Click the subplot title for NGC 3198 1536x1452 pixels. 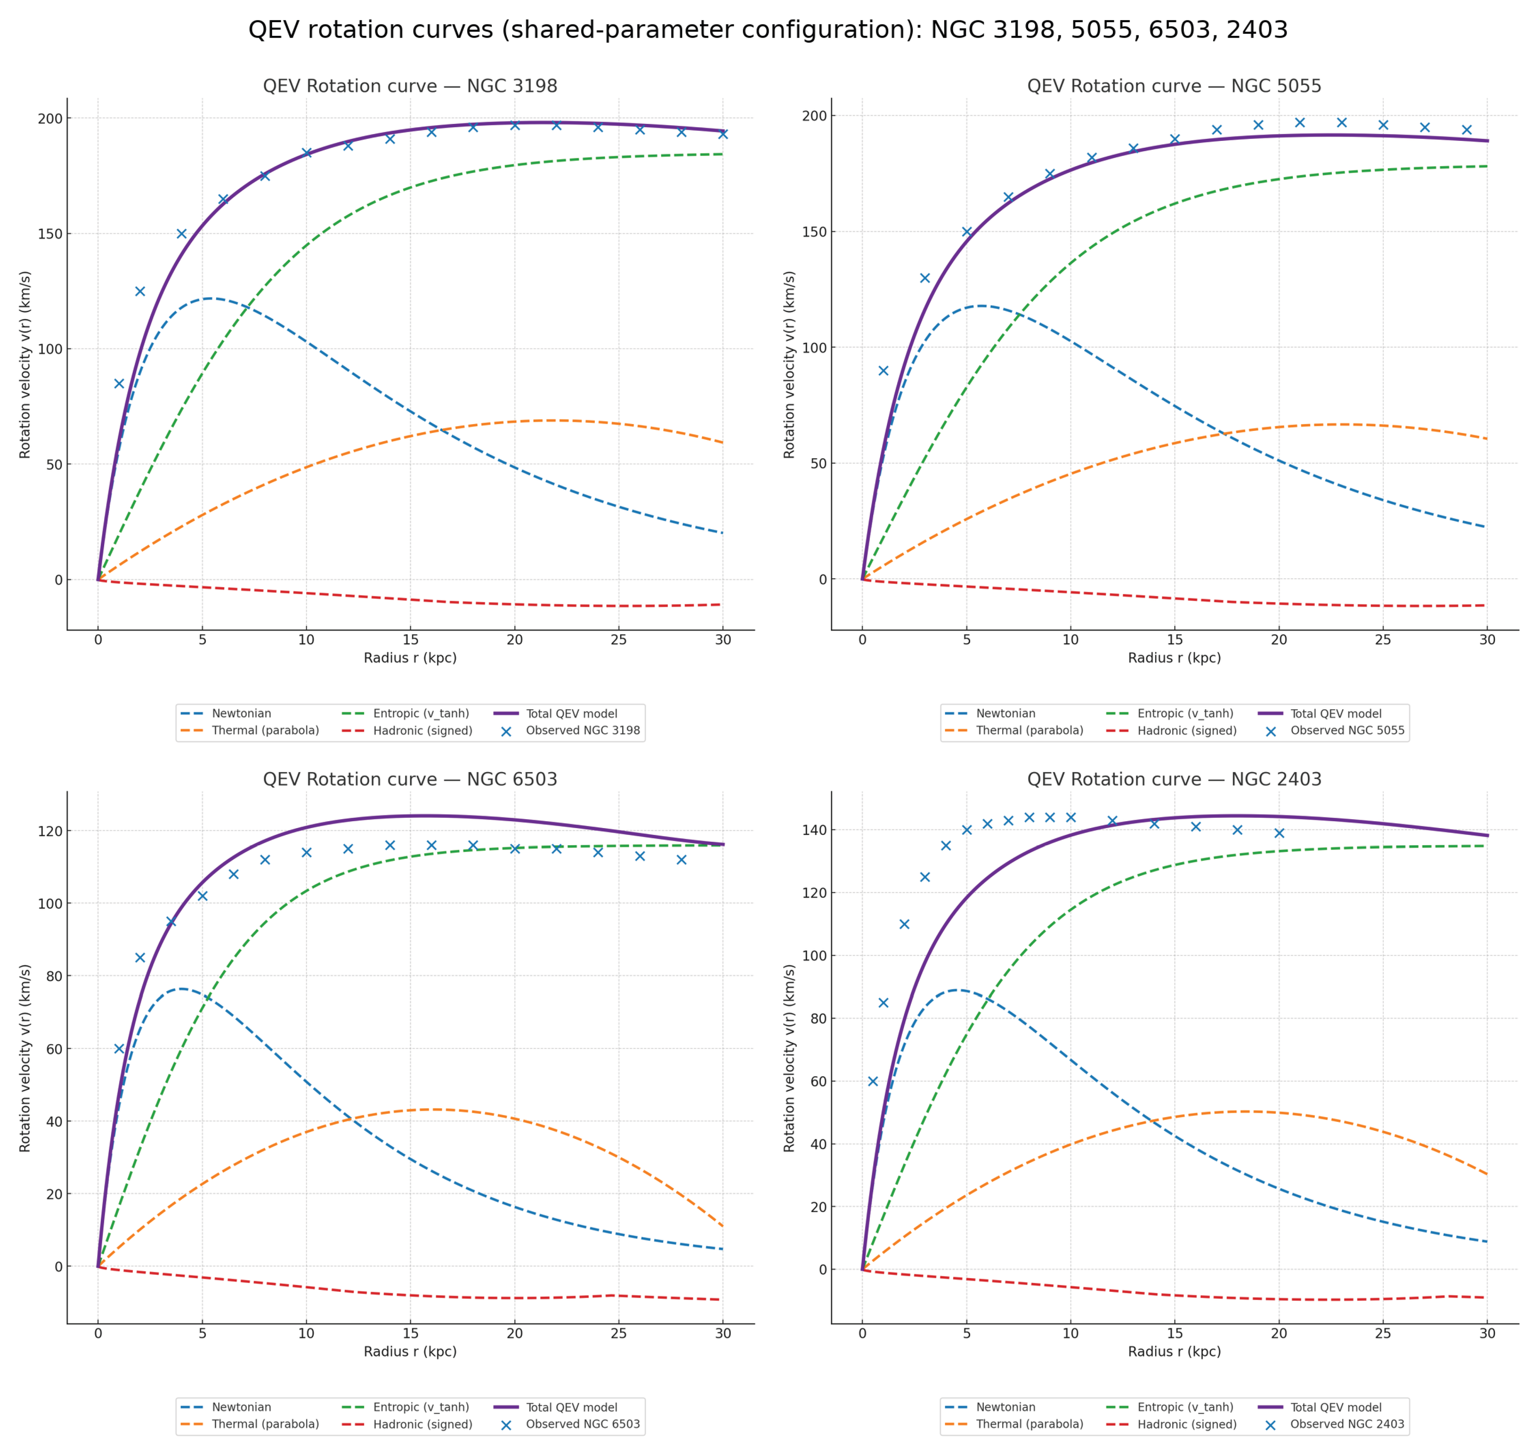coord(410,86)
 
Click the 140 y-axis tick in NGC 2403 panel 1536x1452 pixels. coord(813,830)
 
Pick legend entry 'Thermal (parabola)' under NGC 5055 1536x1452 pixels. coord(1029,731)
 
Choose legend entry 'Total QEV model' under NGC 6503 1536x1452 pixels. coord(571,1407)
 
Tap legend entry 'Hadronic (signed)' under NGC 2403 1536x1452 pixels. coord(1186,1424)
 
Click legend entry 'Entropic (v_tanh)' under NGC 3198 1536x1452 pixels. coord(421,714)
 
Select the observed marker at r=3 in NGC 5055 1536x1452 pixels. coord(925,278)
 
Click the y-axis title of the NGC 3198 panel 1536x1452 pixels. coord(25,365)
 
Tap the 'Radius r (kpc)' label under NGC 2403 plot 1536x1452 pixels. coord(1174,1351)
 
